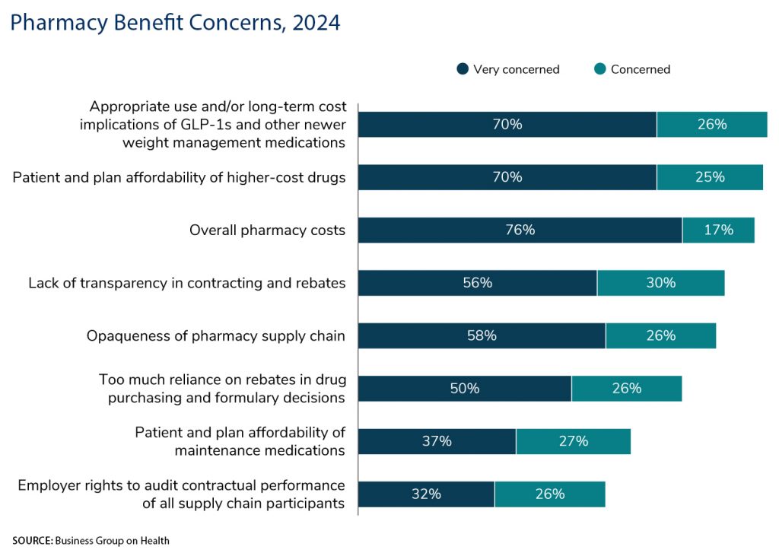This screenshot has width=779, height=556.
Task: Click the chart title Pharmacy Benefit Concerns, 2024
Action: [175, 23]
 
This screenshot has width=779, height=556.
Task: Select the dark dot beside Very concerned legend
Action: [462, 69]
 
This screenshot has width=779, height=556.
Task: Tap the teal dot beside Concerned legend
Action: [599, 69]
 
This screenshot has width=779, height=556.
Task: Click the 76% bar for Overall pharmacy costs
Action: [520, 230]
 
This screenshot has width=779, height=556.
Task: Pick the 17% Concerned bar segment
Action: [718, 230]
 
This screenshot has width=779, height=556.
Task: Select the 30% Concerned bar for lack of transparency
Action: [660, 283]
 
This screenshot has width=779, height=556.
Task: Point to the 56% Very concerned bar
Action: [477, 283]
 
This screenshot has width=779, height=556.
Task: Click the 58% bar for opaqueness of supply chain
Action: [482, 335]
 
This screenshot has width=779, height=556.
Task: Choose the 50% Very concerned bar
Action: [464, 388]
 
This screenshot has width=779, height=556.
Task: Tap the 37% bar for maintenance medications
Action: [437, 441]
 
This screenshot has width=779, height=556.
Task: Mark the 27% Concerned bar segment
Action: [573, 441]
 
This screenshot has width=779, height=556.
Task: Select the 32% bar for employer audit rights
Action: [426, 494]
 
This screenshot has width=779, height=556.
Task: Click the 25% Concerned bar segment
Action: [710, 177]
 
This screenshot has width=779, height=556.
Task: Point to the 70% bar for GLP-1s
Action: [507, 124]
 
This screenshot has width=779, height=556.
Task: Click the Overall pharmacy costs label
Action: [267, 230]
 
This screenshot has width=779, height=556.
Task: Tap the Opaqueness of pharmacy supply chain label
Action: [215, 335]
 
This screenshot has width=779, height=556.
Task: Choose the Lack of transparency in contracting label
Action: [186, 283]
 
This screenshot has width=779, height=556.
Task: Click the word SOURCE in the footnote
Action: [31, 541]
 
